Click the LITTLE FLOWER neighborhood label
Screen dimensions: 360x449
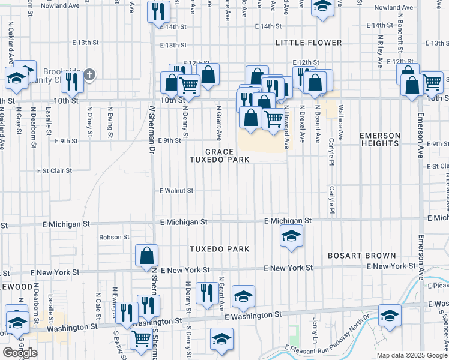click(x=309, y=43)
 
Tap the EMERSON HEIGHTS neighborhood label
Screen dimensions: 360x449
click(x=380, y=139)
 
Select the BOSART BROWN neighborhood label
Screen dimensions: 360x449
click(x=362, y=255)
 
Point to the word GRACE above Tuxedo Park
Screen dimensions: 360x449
click(x=218, y=151)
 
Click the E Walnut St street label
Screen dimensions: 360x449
click(x=176, y=191)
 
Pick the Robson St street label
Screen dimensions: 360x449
click(x=114, y=237)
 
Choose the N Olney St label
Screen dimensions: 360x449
click(x=89, y=119)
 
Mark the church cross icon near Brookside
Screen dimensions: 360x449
click(x=89, y=75)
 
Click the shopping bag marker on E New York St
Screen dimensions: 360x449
click(x=147, y=256)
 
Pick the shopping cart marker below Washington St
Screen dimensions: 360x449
click(x=142, y=338)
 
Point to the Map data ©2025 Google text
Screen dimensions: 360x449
click(x=412, y=355)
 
